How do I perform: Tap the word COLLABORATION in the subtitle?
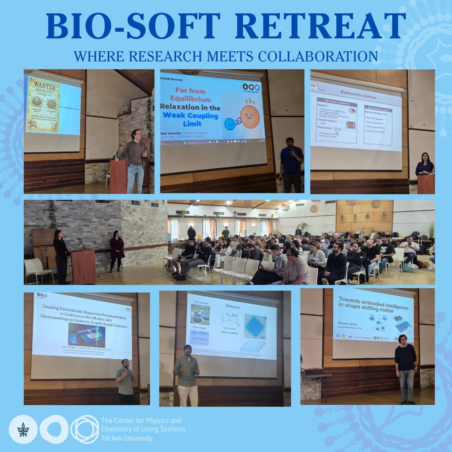pyautogui.click(x=318, y=56)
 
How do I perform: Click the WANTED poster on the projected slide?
pyautogui.click(x=42, y=105)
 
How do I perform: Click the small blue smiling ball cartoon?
pyautogui.click(x=229, y=124)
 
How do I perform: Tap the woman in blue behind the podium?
pyautogui.click(x=425, y=165)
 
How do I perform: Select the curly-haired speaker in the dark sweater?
pyautogui.click(x=406, y=367)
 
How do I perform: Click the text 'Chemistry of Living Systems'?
pyautogui.click(x=143, y=429)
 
